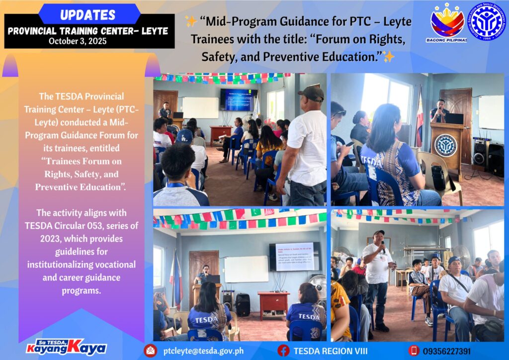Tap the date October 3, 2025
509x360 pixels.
(x=78, y=41)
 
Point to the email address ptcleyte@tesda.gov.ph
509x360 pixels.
(x=203, y=351)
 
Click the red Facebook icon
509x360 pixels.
(x=283, y=351)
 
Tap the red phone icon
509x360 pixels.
(x=414, y=351)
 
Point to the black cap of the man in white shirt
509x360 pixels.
(x=311, y=92)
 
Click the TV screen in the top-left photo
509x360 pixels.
(x=239, y=99)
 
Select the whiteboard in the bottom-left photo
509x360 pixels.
(x=246, y=269)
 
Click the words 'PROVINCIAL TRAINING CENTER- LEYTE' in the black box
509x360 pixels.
(x=88, y=30)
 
